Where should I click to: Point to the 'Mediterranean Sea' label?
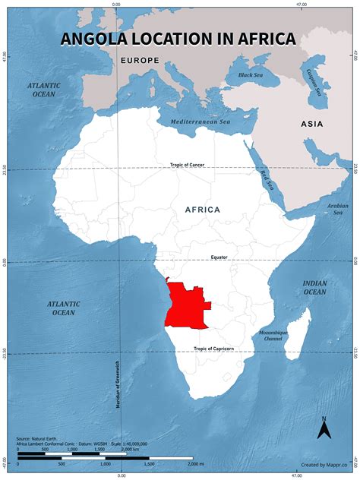[200, 122]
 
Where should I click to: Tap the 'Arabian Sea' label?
[337, 208]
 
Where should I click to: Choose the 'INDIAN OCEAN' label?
[314, 287]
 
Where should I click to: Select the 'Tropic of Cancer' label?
[187, 165]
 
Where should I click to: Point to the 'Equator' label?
[219, 257]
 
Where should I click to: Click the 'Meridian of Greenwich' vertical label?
[118, 384]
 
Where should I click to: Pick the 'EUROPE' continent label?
[138, 59]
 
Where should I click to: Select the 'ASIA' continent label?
[311, 124]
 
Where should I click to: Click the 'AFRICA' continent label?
[203, 210]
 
